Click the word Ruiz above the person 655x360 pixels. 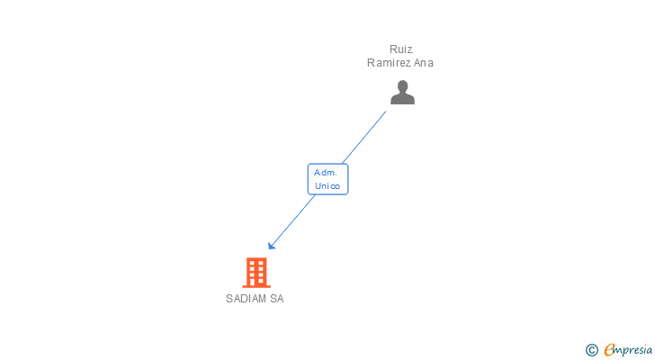[400, 49]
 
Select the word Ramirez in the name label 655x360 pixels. [389, 63]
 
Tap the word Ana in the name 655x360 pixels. [423, 63]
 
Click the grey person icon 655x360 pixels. [402, 92]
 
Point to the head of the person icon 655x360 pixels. [402, 86]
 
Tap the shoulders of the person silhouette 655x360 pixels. [402, 99]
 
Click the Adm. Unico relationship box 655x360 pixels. [327, 179]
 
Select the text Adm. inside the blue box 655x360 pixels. [326, 172]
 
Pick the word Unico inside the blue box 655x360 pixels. [327, 186]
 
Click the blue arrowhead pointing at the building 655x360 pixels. [271, 246]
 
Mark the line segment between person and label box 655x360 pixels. [364, 137]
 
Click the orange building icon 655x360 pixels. [256, 272]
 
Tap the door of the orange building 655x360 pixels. [256, 281]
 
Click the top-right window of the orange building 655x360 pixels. [262, 264]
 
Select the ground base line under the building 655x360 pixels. [256, 286]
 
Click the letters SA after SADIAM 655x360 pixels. [276, 299]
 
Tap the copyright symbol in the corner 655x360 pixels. [592, 349]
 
